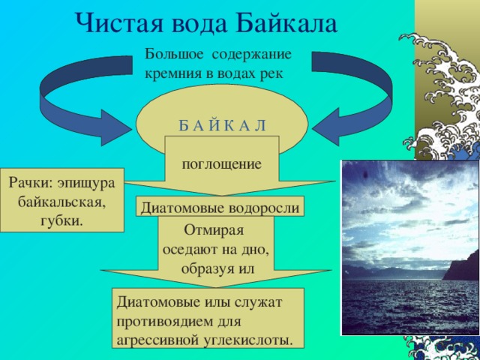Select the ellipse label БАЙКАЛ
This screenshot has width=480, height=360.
[221, 124]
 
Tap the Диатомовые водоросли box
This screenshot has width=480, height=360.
[221, 208]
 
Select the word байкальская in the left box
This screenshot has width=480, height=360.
[62, 202]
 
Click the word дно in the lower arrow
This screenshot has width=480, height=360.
[262, 250]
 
